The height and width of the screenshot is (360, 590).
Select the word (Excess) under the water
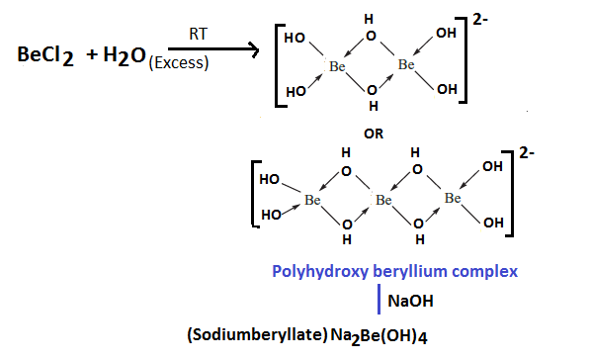click(180, 65)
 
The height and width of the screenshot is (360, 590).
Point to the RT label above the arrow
click(198, 34)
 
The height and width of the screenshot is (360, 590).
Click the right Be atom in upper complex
click(406, 65)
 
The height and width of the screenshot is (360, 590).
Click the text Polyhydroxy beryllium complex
click(395, 270)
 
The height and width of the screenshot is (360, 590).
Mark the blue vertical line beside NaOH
click(380, 297)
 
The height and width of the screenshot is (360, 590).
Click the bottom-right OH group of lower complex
click(493, 223)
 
